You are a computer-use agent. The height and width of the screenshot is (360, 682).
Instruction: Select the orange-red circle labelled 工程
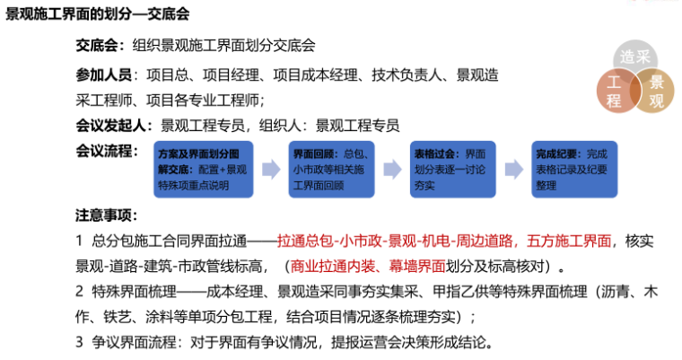(x=615, y=92)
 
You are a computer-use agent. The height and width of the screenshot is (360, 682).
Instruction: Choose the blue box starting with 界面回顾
(x=331, y=169)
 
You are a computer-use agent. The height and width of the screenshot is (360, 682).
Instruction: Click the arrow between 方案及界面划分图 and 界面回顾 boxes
(x=268, y=169)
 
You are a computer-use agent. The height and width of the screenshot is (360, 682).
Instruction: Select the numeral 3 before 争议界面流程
(x=80, y=342)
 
